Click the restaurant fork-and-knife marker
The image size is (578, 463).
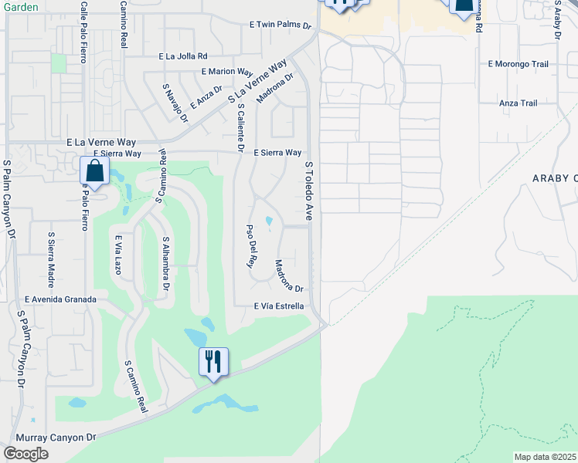(212, 361)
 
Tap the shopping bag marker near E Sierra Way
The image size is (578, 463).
(93, 171)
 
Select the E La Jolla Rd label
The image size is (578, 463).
(183, 56)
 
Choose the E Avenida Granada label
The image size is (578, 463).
(60, 299)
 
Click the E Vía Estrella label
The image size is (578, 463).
(279, 306)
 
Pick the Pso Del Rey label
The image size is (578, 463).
(250, 246)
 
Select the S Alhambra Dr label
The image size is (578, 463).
(165, 265)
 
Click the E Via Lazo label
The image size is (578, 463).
(118, 255)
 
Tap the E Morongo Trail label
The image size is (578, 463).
(518, 64)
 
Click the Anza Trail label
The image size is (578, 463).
(518, 103)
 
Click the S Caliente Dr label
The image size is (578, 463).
(241, 127)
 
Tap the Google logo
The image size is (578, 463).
(25, 454)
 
